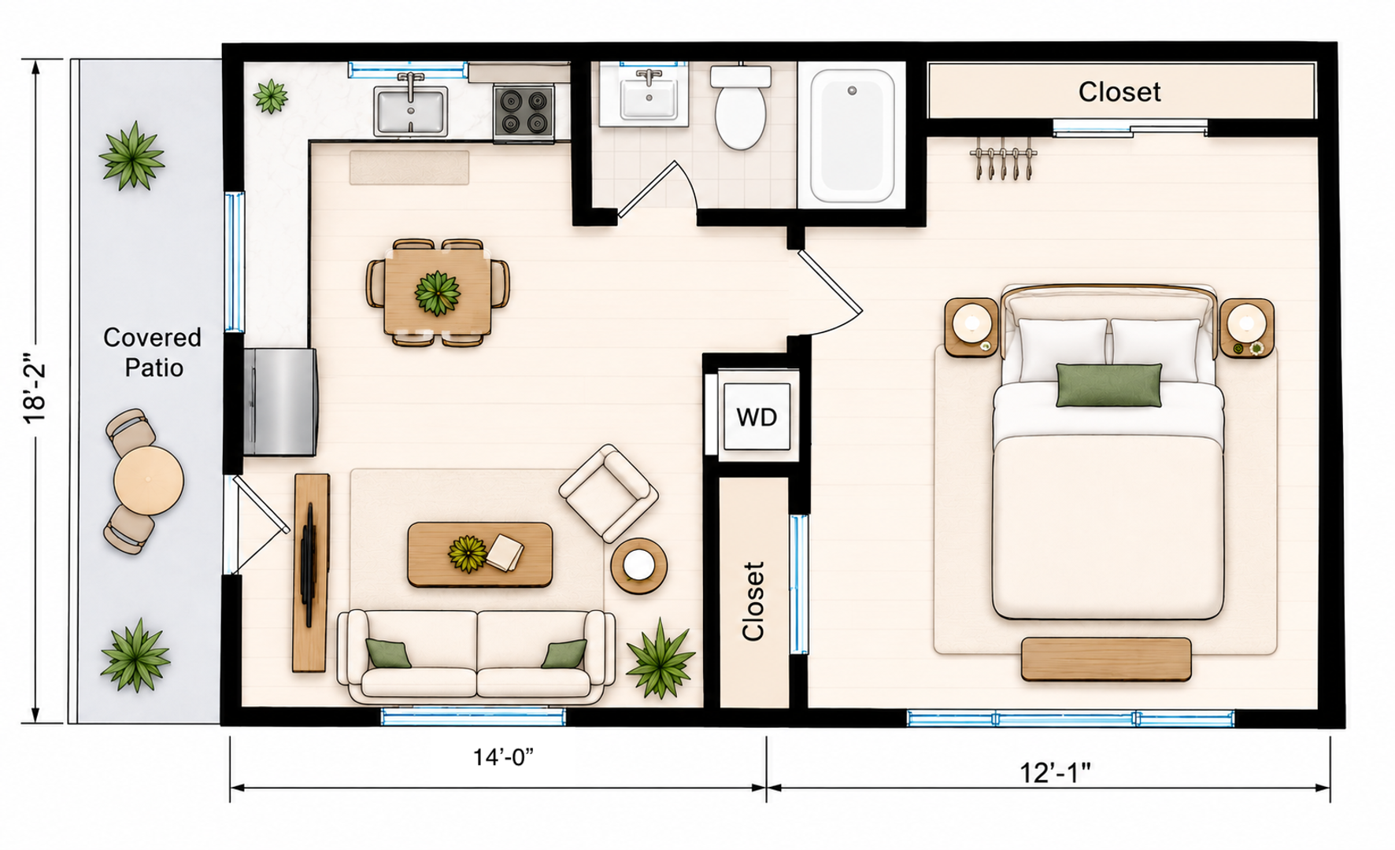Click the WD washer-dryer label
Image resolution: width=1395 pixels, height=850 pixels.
pos(757,417)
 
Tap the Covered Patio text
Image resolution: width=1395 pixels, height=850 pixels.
pos(153,353)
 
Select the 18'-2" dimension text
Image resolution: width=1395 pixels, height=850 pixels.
pos(35,394)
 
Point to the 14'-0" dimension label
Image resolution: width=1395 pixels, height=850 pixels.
pos(503,757)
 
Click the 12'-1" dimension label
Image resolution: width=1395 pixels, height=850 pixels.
pos(1055,773)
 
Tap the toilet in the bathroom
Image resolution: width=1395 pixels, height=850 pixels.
pos(740,107)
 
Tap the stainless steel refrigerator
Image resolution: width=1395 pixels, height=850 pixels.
pos(280,402)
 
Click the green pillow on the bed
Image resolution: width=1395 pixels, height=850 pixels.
pos(1108,385)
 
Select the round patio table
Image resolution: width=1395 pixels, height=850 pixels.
pos(148,481)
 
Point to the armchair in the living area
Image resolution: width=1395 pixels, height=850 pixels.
pos(609,493)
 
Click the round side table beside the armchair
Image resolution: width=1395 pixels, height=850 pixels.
pos(639,565)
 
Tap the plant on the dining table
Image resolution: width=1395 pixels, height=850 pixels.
pos(437,293)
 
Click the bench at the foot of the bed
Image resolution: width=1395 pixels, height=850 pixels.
pos(1106,660)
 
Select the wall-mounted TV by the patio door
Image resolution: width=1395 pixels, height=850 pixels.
pos(308,565)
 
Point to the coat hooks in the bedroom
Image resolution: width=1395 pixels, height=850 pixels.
pos(1003,162)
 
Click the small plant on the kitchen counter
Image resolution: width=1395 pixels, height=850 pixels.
pos(270,96)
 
